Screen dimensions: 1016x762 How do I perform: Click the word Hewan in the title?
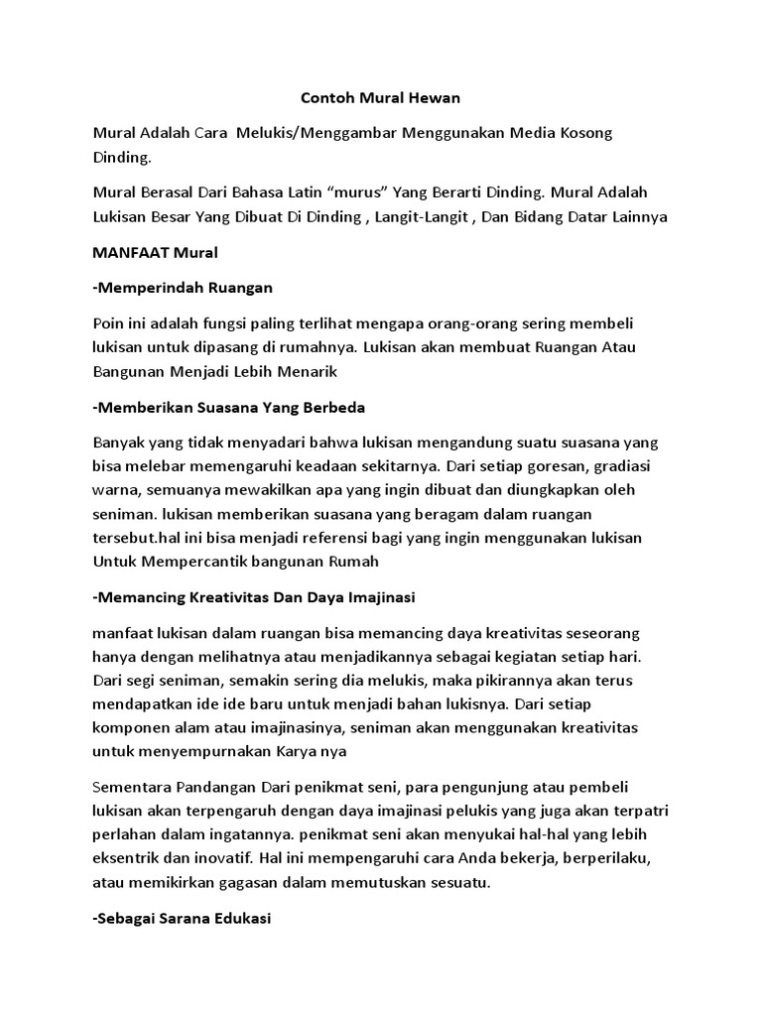pos(434,99)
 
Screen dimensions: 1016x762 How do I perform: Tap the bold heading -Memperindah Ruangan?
pos(182,288)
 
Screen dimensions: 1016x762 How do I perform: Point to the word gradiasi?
pos(614,466)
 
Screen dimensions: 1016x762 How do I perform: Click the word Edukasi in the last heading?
pos(243,919)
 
